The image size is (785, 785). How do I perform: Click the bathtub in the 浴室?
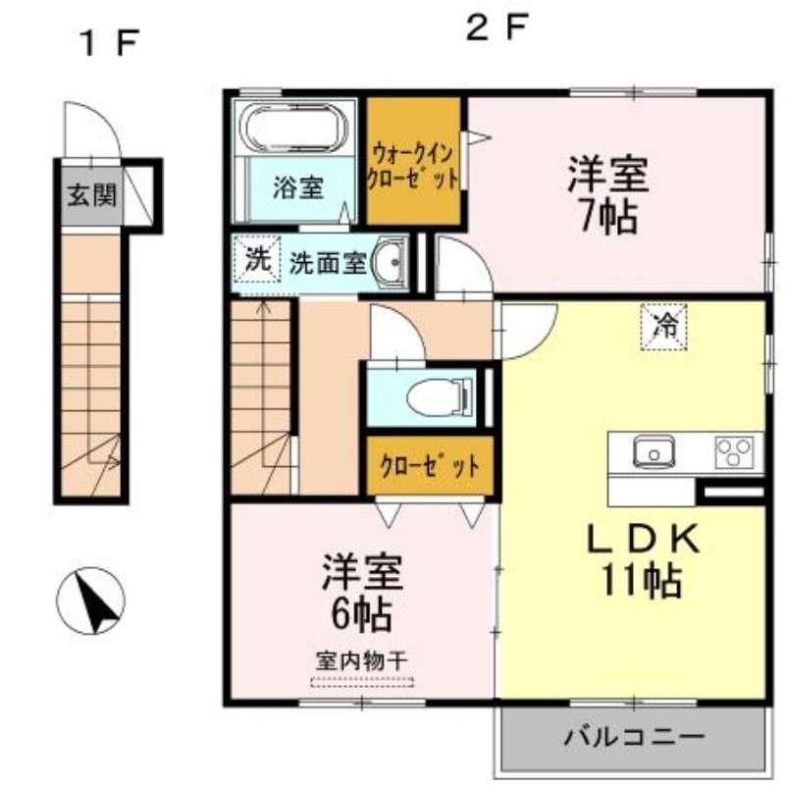[293, 129]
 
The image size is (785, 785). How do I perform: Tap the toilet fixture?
[440, 397]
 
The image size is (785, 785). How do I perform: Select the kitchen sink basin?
[654, 451]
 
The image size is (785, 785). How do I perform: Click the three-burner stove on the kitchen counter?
[734, 451]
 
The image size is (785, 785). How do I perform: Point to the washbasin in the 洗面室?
[389, 261]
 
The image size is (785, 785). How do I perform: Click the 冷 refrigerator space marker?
[663, 327]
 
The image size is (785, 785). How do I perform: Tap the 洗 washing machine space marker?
[257, 259]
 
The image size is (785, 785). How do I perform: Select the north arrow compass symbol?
[90, 602]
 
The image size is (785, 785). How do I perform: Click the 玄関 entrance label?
[92, 194]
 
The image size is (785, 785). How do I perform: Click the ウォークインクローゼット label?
[413, 166]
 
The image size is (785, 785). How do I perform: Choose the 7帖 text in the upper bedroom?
[608, 217]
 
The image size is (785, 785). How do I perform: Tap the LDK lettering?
[643, 539]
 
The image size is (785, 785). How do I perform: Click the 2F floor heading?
[497, 28]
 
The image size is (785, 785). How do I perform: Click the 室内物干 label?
[361, 661]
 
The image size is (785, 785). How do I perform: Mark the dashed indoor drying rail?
[362, 682]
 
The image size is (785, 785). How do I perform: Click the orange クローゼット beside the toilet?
[430, 466]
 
